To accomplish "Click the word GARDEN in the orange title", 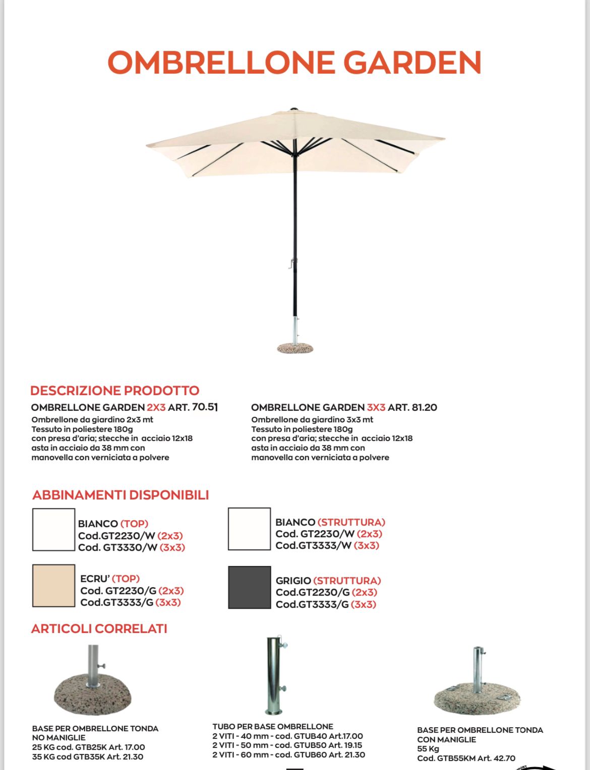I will coord(412,62).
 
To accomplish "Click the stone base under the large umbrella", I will coord(296,348).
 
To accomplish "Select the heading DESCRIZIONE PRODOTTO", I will coord(114,391).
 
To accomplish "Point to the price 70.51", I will coord(205,407).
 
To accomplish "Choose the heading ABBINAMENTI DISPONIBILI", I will coord(121,495).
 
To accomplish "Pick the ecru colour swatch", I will coord(53,585).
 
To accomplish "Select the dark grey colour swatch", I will coord(249,587).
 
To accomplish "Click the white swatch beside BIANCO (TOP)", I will coord(53,529).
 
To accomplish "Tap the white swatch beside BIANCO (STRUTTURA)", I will coord(249,529).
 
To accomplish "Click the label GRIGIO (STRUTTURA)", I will coord(328,581).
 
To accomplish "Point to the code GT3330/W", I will coord(130,547).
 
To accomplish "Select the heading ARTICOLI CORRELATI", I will coord(99,629).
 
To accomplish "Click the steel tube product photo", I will coord(275,675).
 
